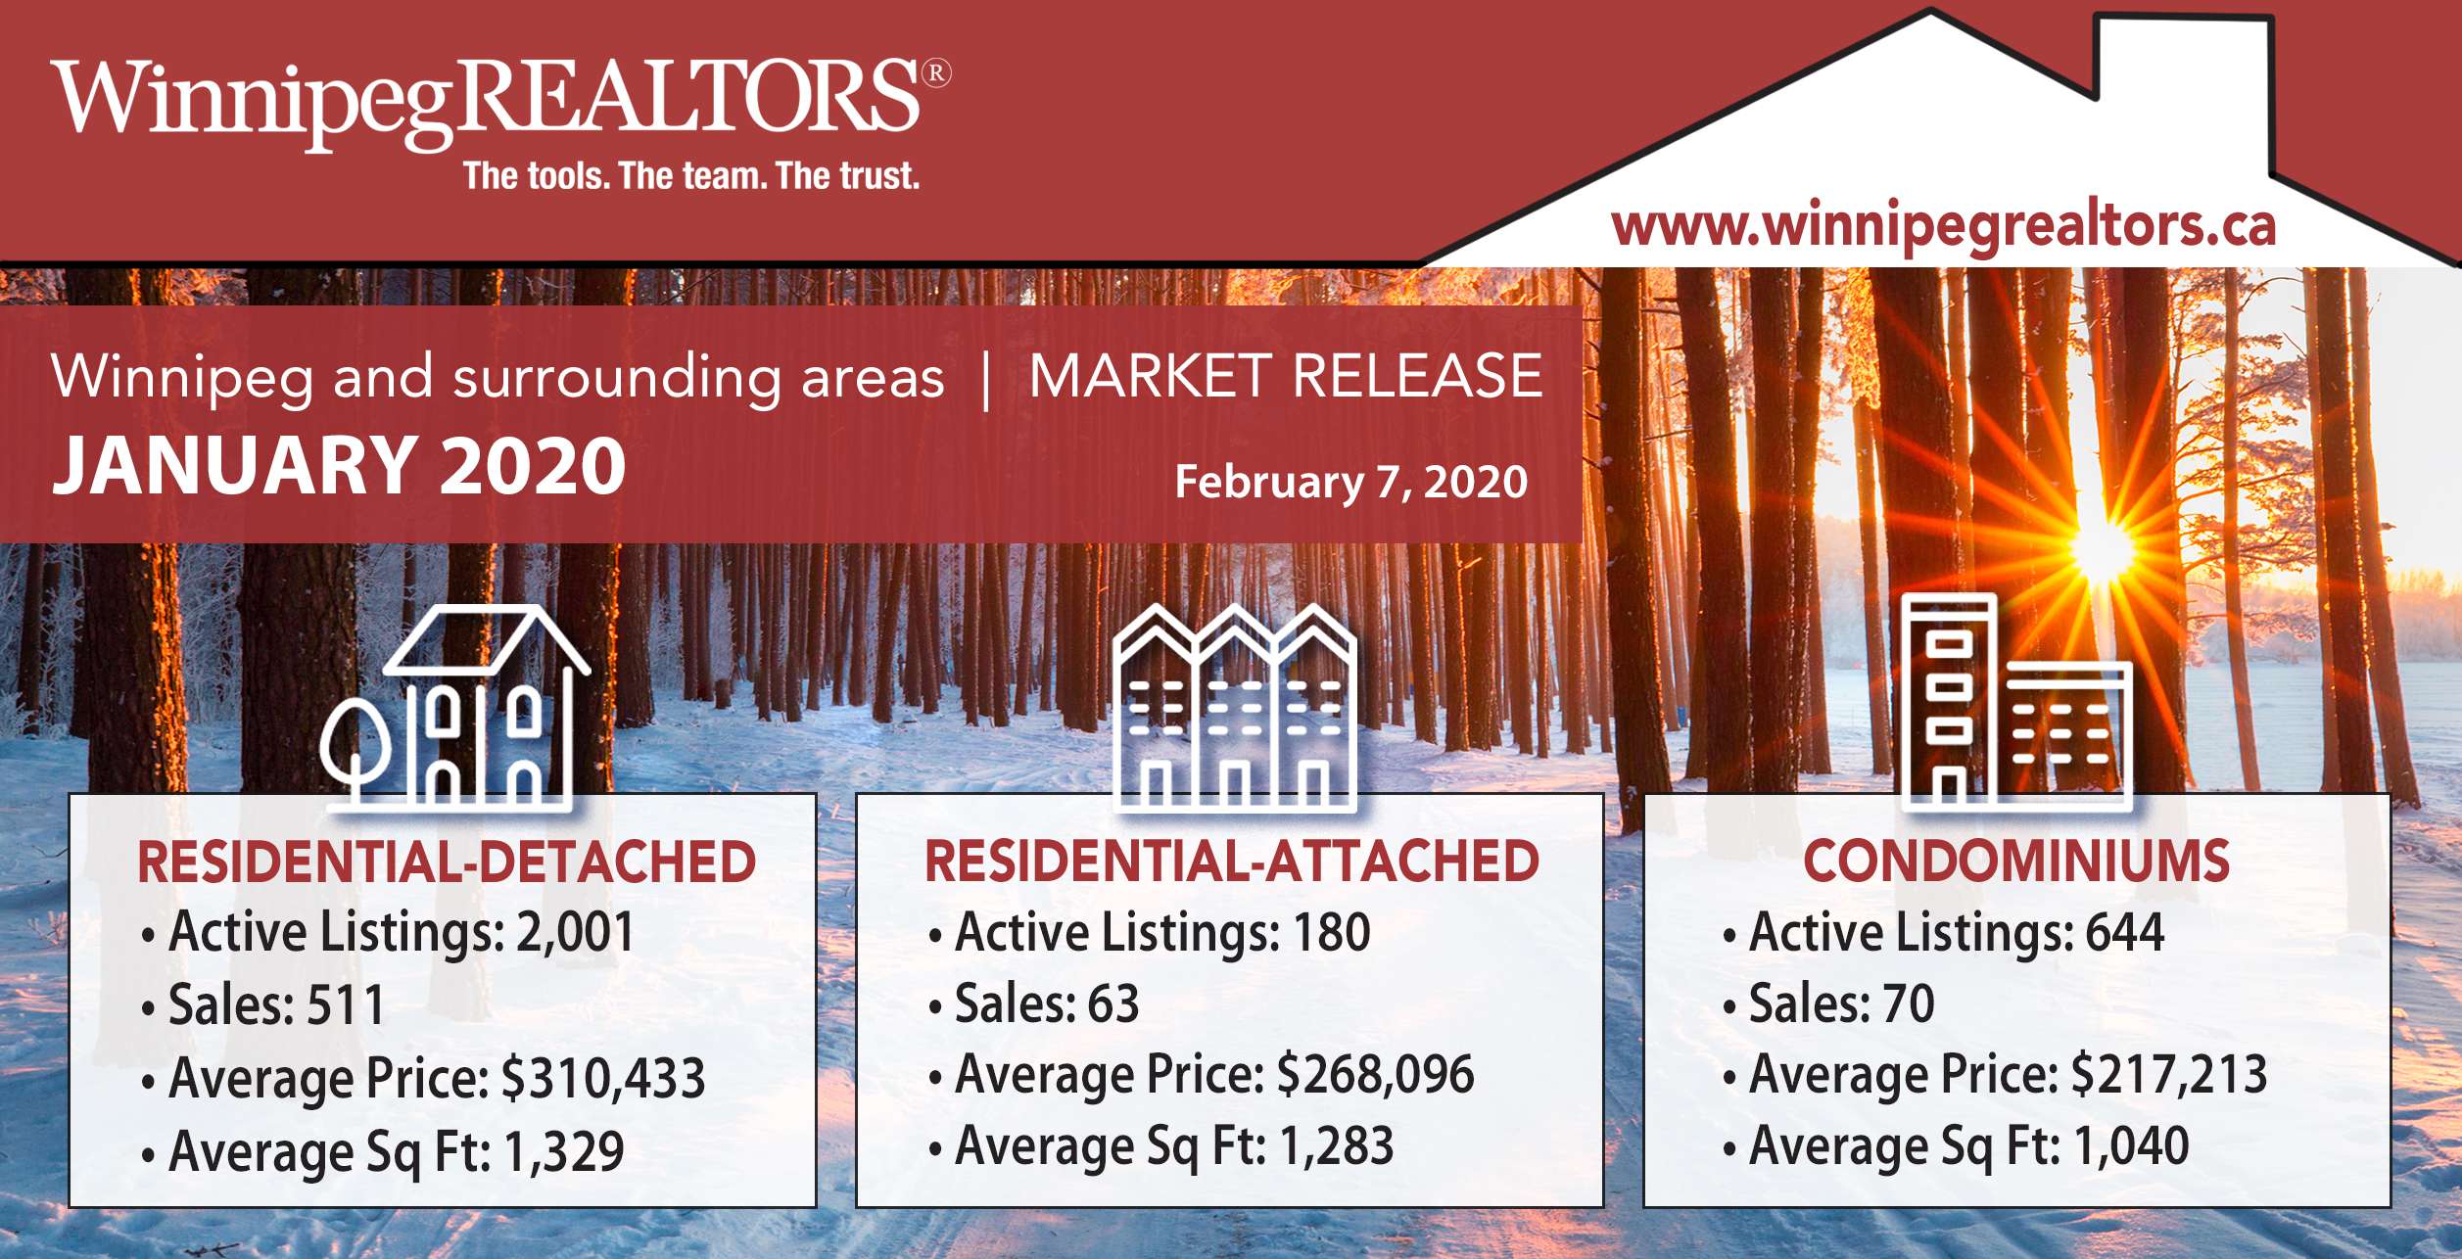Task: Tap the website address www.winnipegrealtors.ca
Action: (1943, 226)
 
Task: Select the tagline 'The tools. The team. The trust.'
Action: (691, 176)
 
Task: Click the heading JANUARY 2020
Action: (339, 466)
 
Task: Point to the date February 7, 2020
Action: (1350, 482)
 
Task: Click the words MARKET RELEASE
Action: (1286, 377)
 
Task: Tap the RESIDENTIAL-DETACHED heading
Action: (447, 863)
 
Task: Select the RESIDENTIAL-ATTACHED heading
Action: (1232, 862)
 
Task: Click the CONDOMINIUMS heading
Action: (2016, 862)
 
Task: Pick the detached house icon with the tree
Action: (456, 708)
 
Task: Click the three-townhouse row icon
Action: (1236, 708)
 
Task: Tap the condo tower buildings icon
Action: (2017, 702)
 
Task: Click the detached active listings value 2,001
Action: (576, 931)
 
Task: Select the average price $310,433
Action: (603, 1078)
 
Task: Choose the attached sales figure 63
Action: (1113, 1003)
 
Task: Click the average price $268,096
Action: (1376, 1075)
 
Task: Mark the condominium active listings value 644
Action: (2125, 931)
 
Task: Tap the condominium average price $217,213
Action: (2169, 1075)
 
